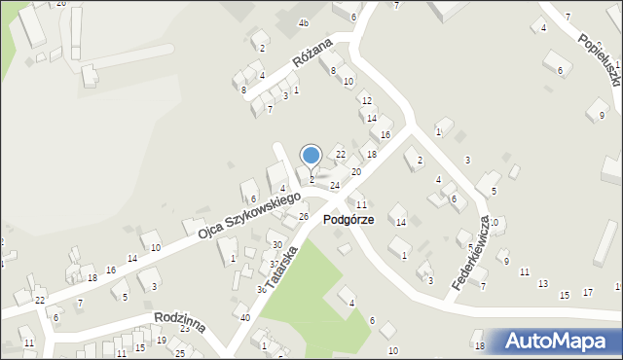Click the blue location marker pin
[x=311, y=156]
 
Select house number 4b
[x=304, y=22]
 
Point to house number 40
[x=244, y=318]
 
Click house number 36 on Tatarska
[x=261, y=289]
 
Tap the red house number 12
[x=366, y=100]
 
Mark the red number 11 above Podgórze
[x=361, y=204]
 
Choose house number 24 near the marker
[x=335, y=185]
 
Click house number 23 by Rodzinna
[x=184, y=329]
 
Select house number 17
[x=587, y=292]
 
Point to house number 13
[x=542, y=283]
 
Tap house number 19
[x=161, y=340]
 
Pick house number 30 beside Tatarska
[x=276, y=244]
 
